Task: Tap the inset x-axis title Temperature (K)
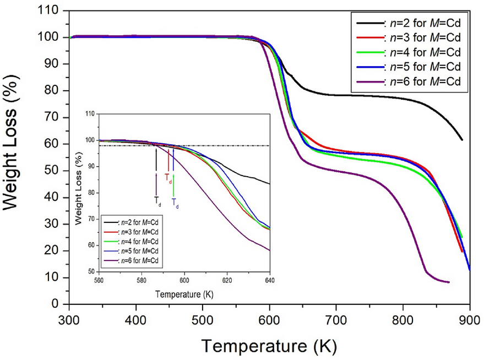184,294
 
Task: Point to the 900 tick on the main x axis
469,319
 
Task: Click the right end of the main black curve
461,140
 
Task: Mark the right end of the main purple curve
449,282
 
